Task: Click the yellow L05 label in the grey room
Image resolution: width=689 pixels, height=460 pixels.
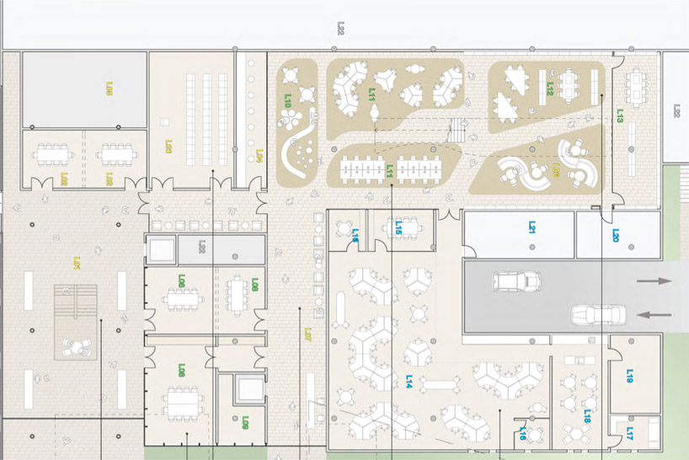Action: [109, 88]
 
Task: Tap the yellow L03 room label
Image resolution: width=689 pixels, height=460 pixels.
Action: [168, 147]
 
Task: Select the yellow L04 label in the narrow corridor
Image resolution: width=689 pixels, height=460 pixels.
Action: [259, 156]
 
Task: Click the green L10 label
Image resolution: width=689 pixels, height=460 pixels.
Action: [288, 100]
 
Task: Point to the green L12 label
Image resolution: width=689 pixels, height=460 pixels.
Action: [549, 87]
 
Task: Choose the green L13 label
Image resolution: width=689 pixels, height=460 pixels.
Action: [620, 115]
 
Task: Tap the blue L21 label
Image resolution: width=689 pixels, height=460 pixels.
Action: [532, 227]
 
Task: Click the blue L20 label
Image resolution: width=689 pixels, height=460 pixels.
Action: [616, 237]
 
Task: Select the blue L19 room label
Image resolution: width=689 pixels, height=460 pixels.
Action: [629, 376]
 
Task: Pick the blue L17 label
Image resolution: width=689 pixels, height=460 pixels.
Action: [629, 432]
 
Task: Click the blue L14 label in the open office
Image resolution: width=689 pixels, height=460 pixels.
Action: [409, 382]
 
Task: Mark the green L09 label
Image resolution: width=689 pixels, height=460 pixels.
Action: [245, 422]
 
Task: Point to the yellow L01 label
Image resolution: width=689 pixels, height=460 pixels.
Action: [76, 263]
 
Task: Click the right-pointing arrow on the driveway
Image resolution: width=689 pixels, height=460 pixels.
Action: [654, 281]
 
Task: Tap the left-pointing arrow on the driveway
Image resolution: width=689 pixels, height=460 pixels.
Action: [654, 316]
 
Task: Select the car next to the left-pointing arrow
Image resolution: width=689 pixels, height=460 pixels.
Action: [596, 314]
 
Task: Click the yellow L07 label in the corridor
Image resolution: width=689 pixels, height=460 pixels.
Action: [308, 334]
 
